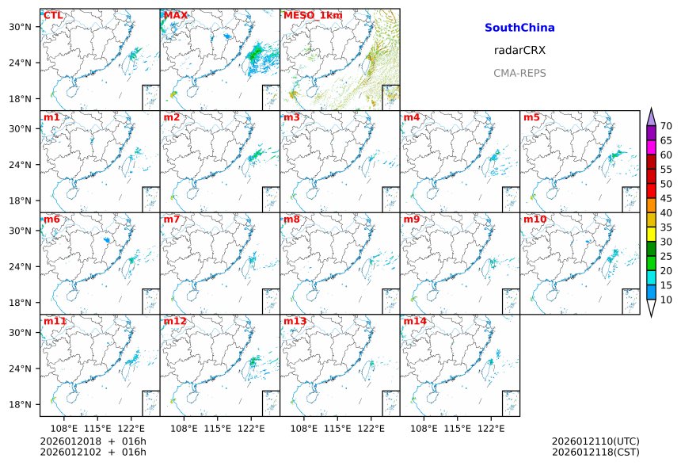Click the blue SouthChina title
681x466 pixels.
(519, 28)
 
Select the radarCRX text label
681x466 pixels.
(519, 50)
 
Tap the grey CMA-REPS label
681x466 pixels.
(519, 73)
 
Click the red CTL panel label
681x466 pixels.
(53, 15)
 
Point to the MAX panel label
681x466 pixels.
(175, 15)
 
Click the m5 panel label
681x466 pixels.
(531, 117)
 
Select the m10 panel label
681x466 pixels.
(535, 219)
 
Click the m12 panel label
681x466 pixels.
(175, 321)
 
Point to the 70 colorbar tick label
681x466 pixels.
(666, 126)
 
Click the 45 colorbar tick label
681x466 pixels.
(666, 198)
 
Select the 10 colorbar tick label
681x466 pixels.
(666, 300)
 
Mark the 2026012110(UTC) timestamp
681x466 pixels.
(595, 441)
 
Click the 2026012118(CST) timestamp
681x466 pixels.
(595, 453)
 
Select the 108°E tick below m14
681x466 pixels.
(424, 428)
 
